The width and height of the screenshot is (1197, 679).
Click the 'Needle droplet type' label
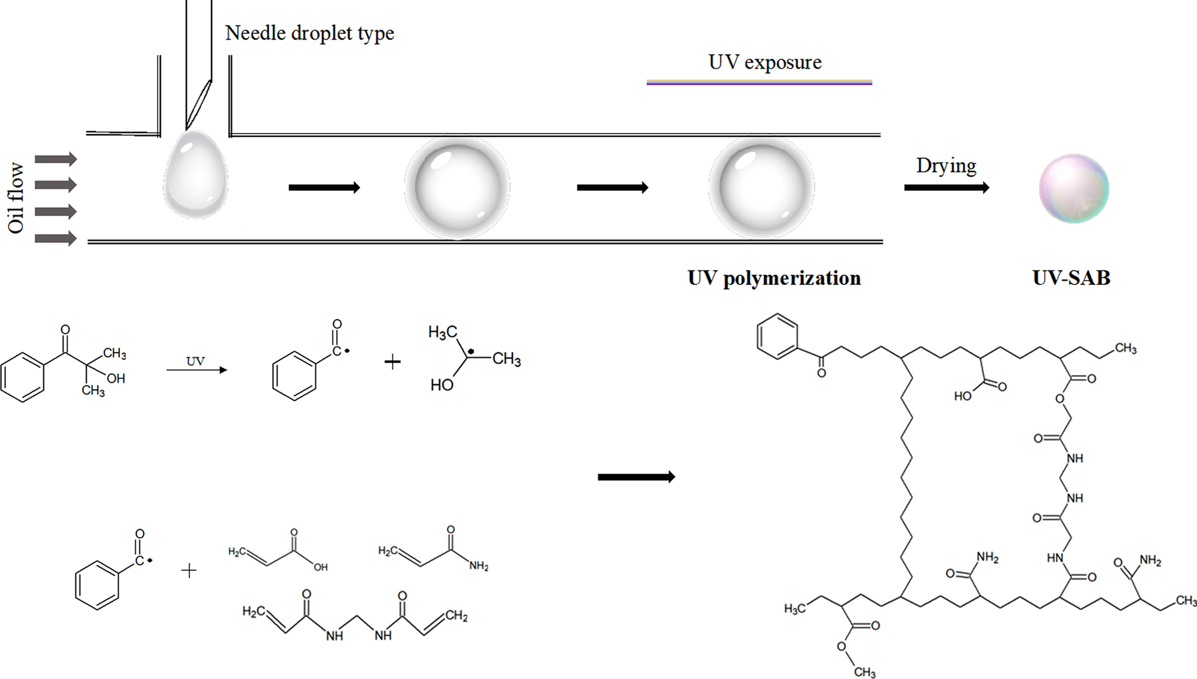309,34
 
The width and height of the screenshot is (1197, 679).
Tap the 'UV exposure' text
764,62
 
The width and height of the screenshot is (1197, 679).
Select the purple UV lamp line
759,82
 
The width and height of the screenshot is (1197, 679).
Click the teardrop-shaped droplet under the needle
195,176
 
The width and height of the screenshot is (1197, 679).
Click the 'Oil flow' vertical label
16,198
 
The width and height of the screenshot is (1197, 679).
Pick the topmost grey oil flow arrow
56,159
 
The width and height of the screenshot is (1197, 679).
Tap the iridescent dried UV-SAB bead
1074,188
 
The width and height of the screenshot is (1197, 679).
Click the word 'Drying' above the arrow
946,166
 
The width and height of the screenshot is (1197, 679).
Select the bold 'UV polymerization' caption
774,278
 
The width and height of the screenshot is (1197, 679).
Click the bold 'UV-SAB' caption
1071,278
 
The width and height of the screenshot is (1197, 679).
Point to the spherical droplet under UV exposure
761,187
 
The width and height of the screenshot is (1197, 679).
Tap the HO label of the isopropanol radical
441,385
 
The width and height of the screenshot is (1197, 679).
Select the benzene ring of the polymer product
777,336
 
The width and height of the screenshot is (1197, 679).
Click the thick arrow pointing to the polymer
636,477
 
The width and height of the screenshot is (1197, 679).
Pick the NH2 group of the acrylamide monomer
479,566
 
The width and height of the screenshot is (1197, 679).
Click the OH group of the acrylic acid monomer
320,567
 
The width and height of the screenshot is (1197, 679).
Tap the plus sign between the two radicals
392,362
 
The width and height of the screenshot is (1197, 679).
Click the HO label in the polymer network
963,396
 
